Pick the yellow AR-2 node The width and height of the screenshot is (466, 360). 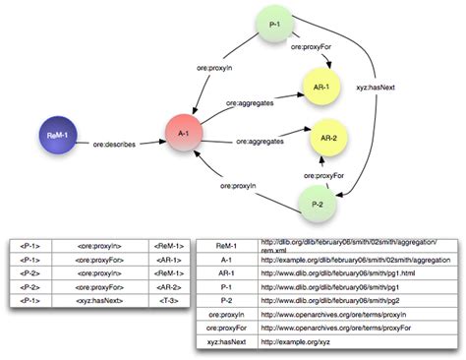(330, 137)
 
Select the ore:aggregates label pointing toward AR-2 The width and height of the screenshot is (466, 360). (260, 142)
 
